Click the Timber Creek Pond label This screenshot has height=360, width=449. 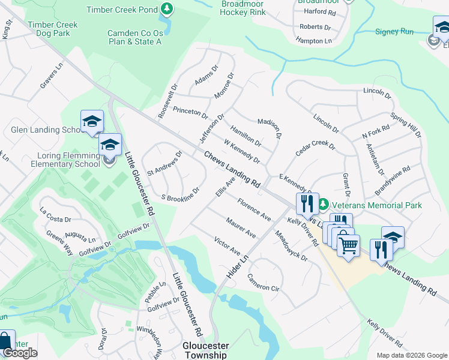tap(122, 10)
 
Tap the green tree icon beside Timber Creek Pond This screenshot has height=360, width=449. tap(167, 9)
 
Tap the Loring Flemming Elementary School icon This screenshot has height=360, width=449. tap(110, 145)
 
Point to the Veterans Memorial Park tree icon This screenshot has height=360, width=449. tap(324, 205)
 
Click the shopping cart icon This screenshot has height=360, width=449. tap(348, 244)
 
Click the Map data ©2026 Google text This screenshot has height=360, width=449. tap(412, 355)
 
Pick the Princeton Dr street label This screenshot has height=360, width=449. tap(190, 113)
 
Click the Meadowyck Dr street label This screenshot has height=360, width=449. tap(291, 246)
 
